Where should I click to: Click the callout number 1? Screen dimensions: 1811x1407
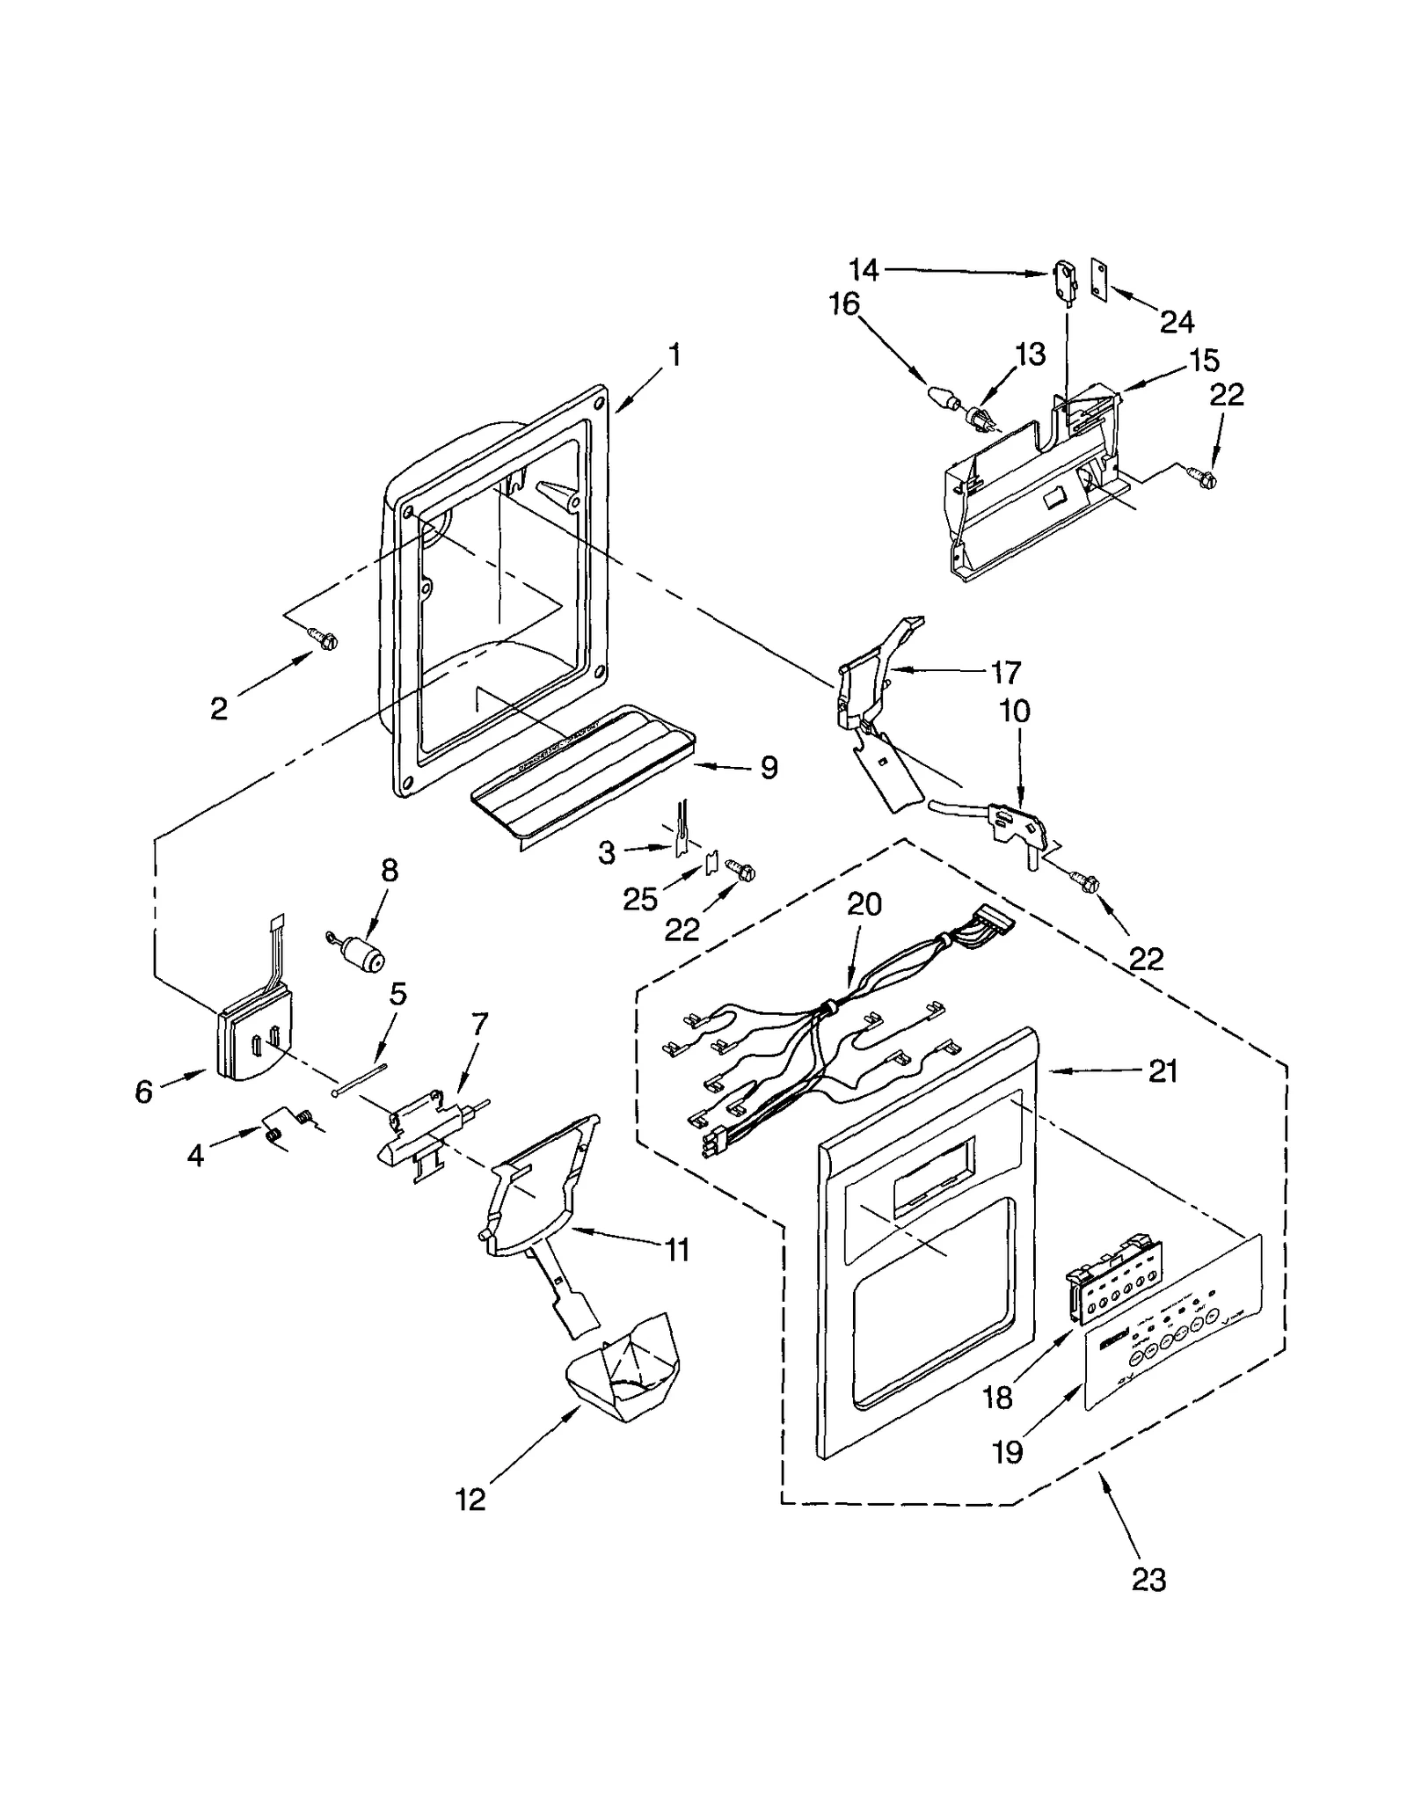click(674, 355)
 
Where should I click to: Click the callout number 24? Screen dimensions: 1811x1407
click(1177, 322)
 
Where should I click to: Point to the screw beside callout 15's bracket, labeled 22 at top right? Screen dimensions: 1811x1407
click(1206, 479)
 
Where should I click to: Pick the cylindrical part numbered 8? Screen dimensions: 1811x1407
click(362, 953)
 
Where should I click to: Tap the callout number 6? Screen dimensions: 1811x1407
click(144, 1092)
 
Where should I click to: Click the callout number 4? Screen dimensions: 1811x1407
click(195, 1155)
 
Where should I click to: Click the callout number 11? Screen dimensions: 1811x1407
click(677, 1250)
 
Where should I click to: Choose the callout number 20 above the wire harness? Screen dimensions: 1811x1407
click(864, 904)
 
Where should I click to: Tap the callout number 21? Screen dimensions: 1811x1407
click(1163, 1070)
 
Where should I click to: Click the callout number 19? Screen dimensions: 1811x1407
click(1009, 1451)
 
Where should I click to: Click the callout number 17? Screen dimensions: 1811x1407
click(1006, 673)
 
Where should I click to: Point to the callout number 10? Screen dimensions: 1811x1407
click(1015, 711)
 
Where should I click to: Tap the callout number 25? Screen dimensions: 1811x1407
click(640, 898)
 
